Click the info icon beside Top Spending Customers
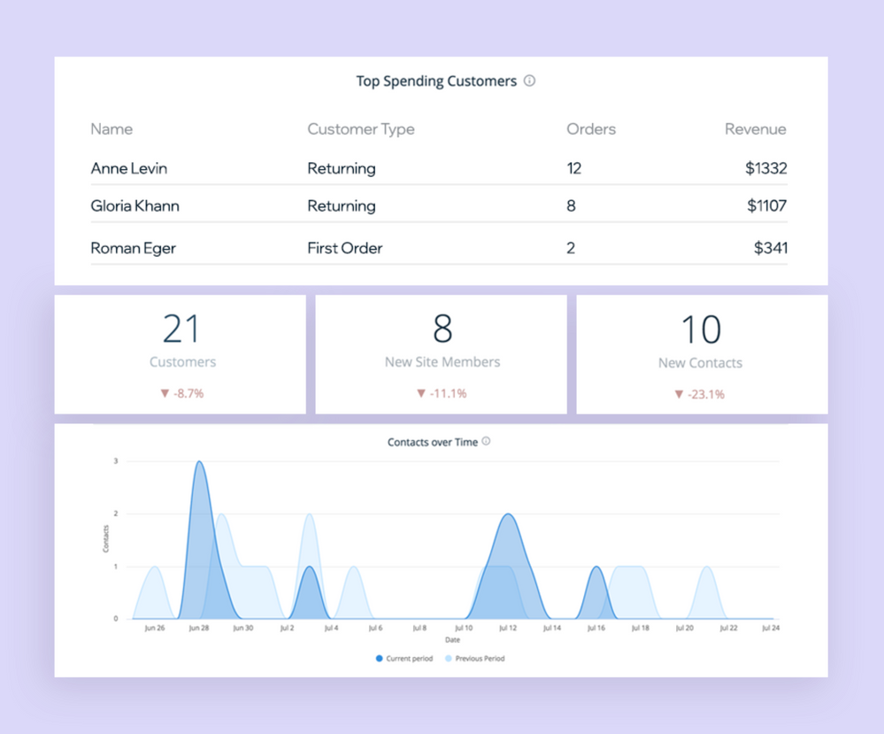[529, 81]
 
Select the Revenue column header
[755, 129]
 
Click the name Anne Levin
[128, 168]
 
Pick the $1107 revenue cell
[766, 206]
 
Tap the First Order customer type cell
[344, 248]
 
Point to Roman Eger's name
[133, 248]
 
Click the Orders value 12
[574, 168]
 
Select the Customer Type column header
[360, 129]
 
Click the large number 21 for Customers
[181, 329]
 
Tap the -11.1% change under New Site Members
[442, 393]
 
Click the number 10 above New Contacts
[701, 329]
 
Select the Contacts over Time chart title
[433, 442]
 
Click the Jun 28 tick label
[199, 629]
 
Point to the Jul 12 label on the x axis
[507, 629]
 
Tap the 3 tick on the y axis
[115, 461]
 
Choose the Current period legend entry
[404, 659]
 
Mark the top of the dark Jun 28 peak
[200, 462]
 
